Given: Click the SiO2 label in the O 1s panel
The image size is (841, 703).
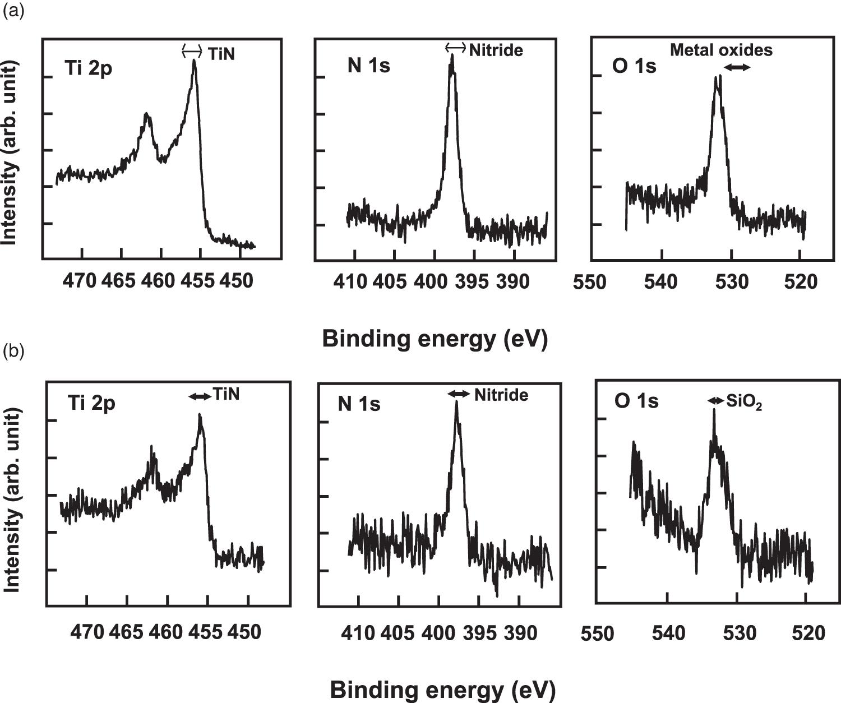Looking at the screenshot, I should pyautogui.click(x=744, y=401).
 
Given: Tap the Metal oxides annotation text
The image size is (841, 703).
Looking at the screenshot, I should pyautogui.click(x=721, y=50).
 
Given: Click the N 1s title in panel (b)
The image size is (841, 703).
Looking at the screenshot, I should pyautogui.click(x=359, y=404).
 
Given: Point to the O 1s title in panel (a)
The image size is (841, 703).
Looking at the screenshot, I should pyautogui.click(x=634, y=66).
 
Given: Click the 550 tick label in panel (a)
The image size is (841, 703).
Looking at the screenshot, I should pyautogui.click(x=590, y=282).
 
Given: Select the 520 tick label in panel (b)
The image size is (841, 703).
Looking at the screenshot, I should pyautogui.click(x=808, y=633).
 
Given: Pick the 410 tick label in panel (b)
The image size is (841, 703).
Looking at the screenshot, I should pyautogui.click(x=358, y=633).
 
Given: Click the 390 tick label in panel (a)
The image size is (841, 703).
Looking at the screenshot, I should pyautogui.click(x=512, y=281).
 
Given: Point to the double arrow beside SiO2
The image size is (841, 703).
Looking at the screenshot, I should pyautogui.click(x=715, y=400).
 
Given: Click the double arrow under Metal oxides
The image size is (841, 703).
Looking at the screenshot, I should pyautogui.click(x=736, y=67).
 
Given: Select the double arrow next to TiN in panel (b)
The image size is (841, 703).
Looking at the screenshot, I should pyautogui.click(x=199, y=396).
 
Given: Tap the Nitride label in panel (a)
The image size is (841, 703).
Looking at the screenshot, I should pyautogui.click(x=496, y=50).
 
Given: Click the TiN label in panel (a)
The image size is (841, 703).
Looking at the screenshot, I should pyautogui.click(x=221, y=53).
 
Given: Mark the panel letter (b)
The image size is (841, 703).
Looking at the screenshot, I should pyautogui.click(x=13, y=351).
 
